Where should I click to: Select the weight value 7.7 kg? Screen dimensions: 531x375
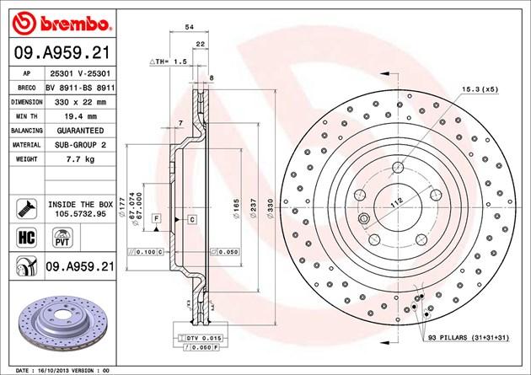[x=80, y=159]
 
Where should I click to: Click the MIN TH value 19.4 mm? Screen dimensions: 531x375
[x=81, y=116]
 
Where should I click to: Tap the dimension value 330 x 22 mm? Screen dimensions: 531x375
[x=80, y=102]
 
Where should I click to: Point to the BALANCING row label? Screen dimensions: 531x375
[x=27, y=131]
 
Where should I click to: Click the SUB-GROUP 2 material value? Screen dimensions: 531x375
[x=80, y=145]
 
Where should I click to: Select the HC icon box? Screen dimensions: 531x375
[x=26, y=238]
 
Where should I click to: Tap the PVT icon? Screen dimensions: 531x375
[x=62, y=238]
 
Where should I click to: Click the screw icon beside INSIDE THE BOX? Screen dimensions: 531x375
[x=26, y=208]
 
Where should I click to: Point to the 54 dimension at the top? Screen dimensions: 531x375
[x=190, y=27]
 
